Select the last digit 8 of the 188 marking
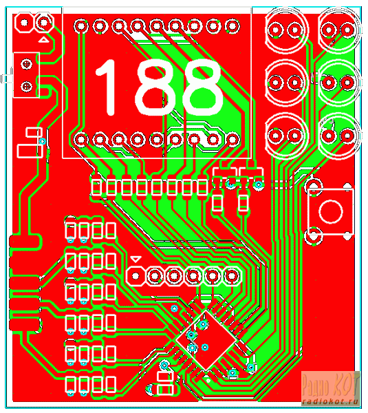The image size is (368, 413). coord(203,87)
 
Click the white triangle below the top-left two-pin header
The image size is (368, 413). coord(44,40)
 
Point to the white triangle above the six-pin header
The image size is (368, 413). coord(136,260)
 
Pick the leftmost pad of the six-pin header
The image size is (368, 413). coord(136,276)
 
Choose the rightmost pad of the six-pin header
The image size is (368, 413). coord(232,276)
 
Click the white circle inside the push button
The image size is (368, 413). coord(331,211)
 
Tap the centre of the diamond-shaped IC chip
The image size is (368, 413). coord(206,340)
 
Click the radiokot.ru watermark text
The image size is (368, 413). coord(331,402)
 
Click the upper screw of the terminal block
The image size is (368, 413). coord(26,64)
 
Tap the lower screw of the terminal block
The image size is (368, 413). coord(26,86)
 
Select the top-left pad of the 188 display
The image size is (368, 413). coord(81,26)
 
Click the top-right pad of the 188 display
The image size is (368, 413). coord(232,26)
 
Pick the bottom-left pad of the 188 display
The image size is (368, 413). coord(81,139)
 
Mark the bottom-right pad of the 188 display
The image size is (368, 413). coord(232,139)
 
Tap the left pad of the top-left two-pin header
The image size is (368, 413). coord(24,23)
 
